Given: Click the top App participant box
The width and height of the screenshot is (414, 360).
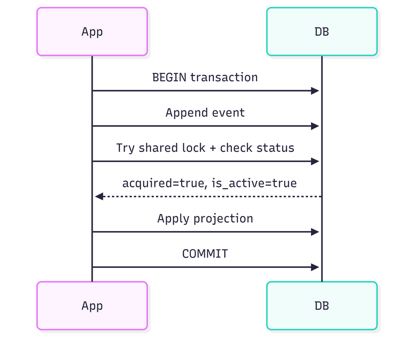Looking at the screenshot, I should point(92,32).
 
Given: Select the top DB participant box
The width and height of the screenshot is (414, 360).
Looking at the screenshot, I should point(321,32).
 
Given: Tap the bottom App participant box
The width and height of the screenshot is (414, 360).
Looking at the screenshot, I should point(92,306).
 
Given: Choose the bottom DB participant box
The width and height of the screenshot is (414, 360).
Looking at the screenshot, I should point(321,306).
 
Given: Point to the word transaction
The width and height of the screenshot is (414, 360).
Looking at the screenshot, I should point(224,78).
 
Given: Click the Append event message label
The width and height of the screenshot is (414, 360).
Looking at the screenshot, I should point(205,113).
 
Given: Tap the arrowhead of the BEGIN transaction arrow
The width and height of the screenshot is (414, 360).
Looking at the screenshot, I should point(315,91).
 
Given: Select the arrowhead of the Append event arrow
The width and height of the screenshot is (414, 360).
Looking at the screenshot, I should point(315,126).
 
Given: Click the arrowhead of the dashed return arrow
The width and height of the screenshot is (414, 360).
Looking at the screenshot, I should point(99,196).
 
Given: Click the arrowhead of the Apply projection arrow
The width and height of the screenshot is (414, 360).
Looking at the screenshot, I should point(315,232).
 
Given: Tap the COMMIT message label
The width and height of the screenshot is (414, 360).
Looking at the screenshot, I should point(205,254).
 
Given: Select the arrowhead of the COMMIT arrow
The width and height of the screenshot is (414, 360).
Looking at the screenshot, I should point(315,267).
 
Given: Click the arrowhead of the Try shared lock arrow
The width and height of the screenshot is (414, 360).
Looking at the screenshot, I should point(315,161).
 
